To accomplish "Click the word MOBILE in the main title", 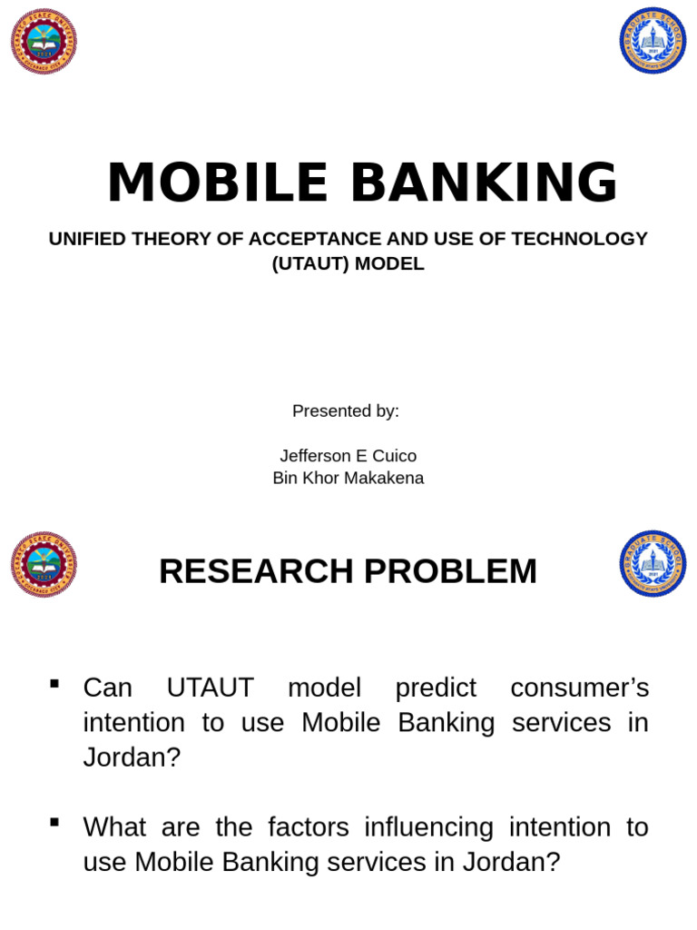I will pos(217,183).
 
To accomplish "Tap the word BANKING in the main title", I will pos(484,183).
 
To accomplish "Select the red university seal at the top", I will pos(44,41).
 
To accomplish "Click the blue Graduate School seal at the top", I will pos(653,41).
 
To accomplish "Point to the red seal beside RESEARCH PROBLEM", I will pos(44,564).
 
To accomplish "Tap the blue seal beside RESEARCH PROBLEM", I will pos(653,564).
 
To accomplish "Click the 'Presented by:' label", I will pos(346,411).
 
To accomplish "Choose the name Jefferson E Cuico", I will pos(348,456).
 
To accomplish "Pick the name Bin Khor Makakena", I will pos(348,478).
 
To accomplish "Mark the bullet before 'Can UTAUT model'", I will pos(54,683).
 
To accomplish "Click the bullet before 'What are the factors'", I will pos(54,823).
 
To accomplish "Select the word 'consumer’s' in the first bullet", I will pos(580,688).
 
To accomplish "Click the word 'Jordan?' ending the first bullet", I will pos(133,757).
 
